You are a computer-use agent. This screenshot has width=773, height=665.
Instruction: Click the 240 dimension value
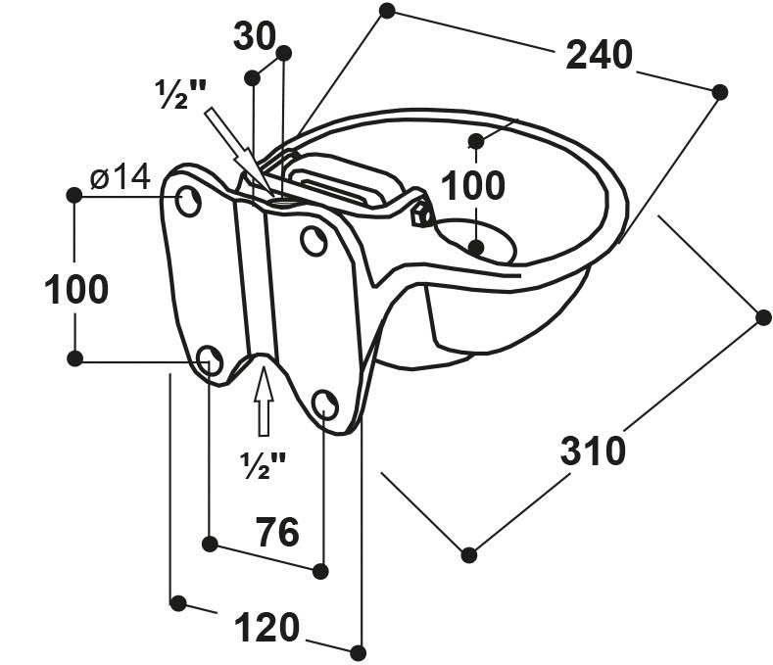(599, 56)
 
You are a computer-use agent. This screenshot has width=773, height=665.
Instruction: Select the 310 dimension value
(593, 451)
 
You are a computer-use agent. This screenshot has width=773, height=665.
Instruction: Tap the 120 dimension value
(266, 627)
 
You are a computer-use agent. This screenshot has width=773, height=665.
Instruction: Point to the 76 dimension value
(277, 533)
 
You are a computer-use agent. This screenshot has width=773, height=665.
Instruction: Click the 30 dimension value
(255, 37)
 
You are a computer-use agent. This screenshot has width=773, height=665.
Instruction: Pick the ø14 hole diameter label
(120, 177)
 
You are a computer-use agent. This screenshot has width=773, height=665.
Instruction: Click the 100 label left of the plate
(76, 290)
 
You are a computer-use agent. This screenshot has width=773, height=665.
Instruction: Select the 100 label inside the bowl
(473, 185)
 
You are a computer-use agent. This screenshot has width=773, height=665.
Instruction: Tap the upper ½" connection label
(181, 93)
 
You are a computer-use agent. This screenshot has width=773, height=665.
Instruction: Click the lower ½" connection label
(264, 465)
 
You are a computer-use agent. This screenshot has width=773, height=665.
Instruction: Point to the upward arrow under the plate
(263, 402)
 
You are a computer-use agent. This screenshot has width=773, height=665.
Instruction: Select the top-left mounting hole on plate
(189, 203)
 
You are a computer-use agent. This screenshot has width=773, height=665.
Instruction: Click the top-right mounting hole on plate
(314, 241)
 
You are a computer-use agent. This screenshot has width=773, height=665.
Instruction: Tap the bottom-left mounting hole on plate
(210, 359)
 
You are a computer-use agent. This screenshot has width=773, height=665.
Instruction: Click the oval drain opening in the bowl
(474, 241)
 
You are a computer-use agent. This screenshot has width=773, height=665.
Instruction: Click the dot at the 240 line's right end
(720, 92)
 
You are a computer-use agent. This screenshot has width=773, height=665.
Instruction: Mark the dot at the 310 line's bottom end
(469, 554)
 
